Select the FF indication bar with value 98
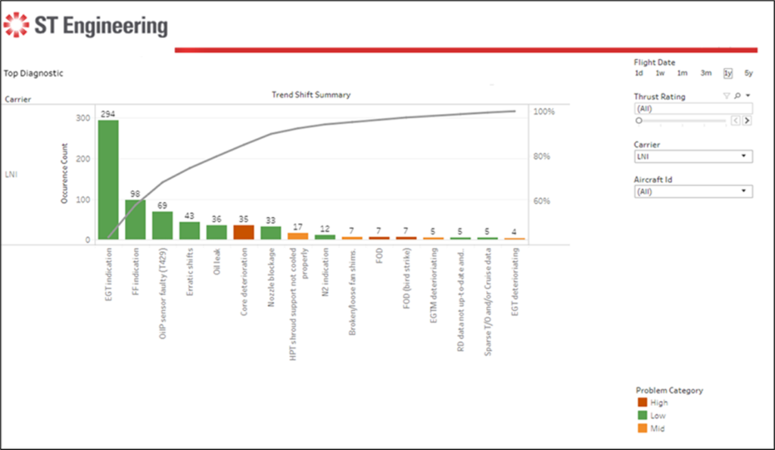[x=135, y=219]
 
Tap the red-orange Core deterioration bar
[x=244, y=232]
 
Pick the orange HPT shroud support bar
[x=298, y=236]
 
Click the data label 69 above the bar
[x=163, y=205]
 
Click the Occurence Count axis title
[x=65, y=173]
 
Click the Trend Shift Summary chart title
[x=310, y=95]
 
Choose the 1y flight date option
[x=727, y=73]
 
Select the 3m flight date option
[x=705, y=73]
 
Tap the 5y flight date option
[x=749, y=73]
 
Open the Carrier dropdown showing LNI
[x=693, y=157]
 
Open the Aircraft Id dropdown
[x=693, y=191]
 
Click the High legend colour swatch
[x=642, y=403]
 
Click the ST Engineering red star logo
[x=16, y=26]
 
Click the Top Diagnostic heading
[x=34, y=73]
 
